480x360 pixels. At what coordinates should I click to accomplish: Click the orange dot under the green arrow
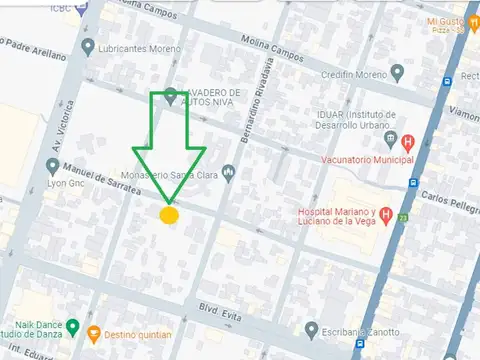pos(169,215)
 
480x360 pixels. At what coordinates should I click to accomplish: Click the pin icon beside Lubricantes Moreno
pos(89,47)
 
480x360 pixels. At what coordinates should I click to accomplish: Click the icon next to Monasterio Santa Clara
pos(229,172)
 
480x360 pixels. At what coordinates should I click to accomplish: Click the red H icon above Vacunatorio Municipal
pos(408,140)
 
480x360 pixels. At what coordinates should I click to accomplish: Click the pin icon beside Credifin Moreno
pos(397,72)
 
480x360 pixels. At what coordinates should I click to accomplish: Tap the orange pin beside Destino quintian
pos(94,333)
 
